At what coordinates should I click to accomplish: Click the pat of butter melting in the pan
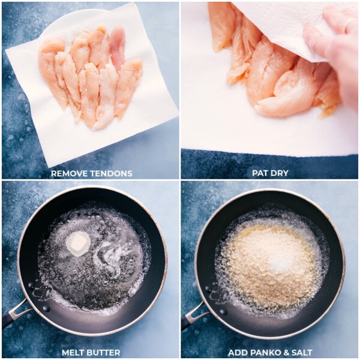pos(78,243)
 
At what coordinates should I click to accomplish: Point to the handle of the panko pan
pos(193,315)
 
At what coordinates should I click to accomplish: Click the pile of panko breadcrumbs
pos(264,264)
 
